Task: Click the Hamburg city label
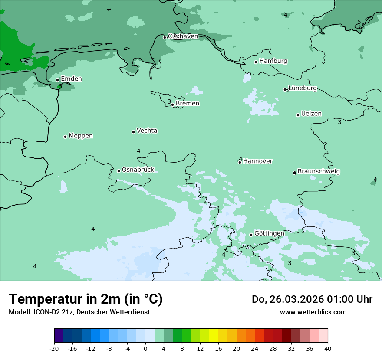click(x=273, y=61)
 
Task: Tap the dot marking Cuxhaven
click(x=165, y=37)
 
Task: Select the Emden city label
click(x=71, y=79)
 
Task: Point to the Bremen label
click(x=188, y=104)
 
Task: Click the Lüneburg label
click(x=303, y=88)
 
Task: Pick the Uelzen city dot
click(x=298, y=115)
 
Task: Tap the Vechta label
click(x=147, y=131)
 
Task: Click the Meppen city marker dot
click(x=65, y=137)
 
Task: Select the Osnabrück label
click(x=138, y=170)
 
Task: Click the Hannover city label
click(x=257, y=161)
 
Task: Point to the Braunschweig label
click(x=319, y=172)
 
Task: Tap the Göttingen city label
click(x=269, y=234)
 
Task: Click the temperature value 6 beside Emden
click(x=60, y=86)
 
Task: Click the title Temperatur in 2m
click(x=86, y=299)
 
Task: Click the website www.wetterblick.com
click(x=313, y=312)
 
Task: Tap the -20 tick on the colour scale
click(x=54, y=349)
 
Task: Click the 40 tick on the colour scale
click(x=328, y=349)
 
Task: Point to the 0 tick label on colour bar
click(x=145, y=349)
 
